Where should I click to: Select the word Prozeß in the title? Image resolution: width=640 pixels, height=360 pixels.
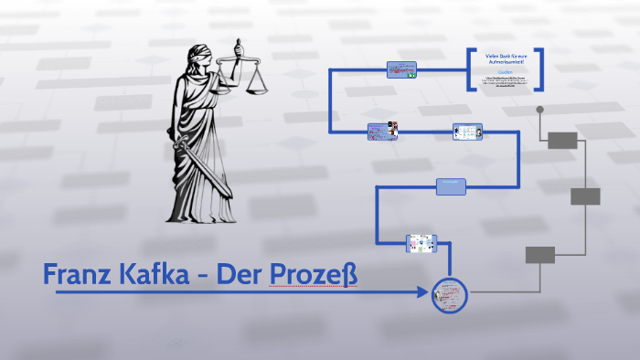coord(313,274)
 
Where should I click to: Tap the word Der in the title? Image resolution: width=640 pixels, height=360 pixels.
coord(240,274)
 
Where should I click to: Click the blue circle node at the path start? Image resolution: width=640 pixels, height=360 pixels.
coord(449,295)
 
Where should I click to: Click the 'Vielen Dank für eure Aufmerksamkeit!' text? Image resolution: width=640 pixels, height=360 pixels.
coord(506,60)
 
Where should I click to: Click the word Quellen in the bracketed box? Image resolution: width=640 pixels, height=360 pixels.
coord(506,71)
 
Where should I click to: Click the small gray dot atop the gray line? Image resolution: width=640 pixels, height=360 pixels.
coord(539,110)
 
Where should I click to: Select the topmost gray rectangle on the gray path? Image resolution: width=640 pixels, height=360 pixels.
coord(562,140)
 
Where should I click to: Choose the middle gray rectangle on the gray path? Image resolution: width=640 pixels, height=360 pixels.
coord(585,196)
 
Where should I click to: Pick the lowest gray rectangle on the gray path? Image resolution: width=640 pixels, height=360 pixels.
coord(539,255)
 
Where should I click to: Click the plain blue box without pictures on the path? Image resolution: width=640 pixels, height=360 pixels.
coord(452,185)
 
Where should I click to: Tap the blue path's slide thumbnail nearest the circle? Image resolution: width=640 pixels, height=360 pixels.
coord(421,243)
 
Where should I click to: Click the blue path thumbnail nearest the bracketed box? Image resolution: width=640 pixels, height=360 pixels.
coord(401,70)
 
